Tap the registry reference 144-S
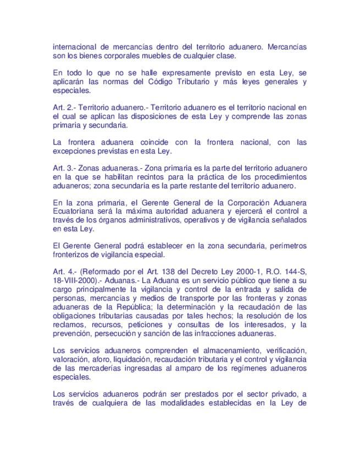(x=293, y=271)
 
